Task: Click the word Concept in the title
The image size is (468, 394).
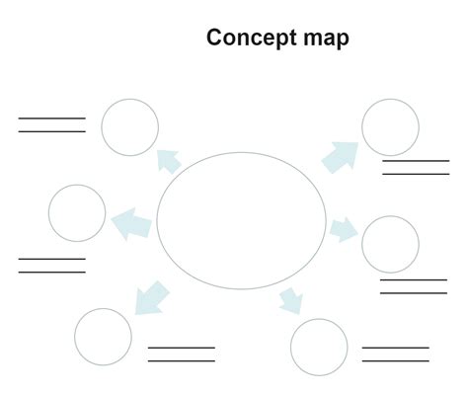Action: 247,39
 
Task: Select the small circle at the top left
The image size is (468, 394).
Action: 130,127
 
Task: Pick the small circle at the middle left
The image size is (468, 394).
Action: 77,212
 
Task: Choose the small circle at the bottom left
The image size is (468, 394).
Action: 103,337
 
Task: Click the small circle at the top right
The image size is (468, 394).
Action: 391,127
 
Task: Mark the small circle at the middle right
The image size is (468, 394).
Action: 390,244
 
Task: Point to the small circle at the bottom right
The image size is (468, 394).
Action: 319,347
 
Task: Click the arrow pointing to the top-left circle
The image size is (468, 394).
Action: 168,159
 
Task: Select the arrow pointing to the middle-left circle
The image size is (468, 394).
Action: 131,223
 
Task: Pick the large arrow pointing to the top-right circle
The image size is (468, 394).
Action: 340,155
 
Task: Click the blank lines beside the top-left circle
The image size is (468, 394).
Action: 51,124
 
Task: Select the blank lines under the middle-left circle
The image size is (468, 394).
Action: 51,265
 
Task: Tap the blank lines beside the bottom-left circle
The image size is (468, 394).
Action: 181,354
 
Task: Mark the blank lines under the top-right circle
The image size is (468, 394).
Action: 416,167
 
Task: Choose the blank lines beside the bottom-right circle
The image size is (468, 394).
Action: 395,354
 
